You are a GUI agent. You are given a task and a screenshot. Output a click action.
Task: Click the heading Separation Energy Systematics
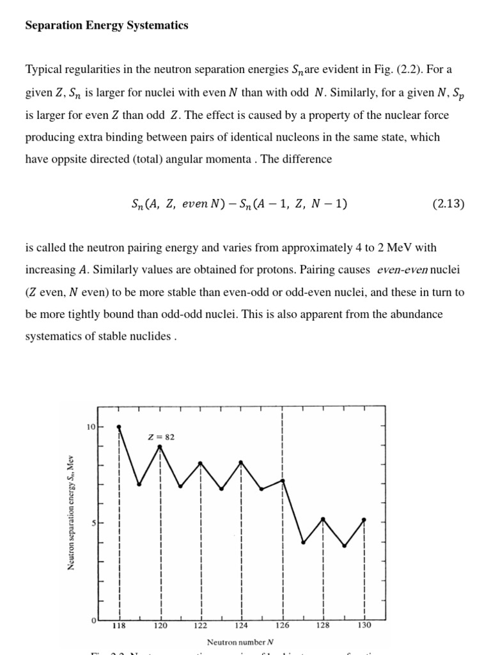pyautogui.click(x=106, y=26)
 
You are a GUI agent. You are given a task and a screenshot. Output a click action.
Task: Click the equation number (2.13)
pyautogui.click(x=448, y=205)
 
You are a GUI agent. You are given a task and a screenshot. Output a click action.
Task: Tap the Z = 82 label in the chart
pyautogui.click(x=161, y=438)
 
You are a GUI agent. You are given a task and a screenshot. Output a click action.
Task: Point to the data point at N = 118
pyautogui.click(x=119, y=427)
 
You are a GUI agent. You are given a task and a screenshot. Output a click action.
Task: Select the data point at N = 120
pyautogui.click(x=160, y=446)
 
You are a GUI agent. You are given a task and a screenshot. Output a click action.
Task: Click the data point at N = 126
pyautogui.click(x=283, y=480)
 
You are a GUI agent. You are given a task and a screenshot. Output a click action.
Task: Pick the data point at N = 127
pyautogui.click(x=304, y=542)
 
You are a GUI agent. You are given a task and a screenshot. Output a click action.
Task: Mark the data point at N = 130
pyautogui.click(x=364, y=519)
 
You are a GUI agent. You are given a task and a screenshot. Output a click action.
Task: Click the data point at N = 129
pyautogui.click(x=344, y=546)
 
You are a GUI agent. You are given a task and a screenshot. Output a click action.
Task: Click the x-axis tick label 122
pyautogui.click(x=201, y=626)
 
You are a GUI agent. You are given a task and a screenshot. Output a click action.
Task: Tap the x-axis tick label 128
pyautogui.click(x=323, y=626)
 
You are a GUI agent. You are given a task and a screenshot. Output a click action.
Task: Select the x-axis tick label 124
pyautogui.click(x=242, y=626)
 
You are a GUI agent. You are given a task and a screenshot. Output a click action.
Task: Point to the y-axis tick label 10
pyautogui.click(x=91, y=427)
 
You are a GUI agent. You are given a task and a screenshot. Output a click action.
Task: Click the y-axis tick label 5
pyautogui.click(x=93, y=523)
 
